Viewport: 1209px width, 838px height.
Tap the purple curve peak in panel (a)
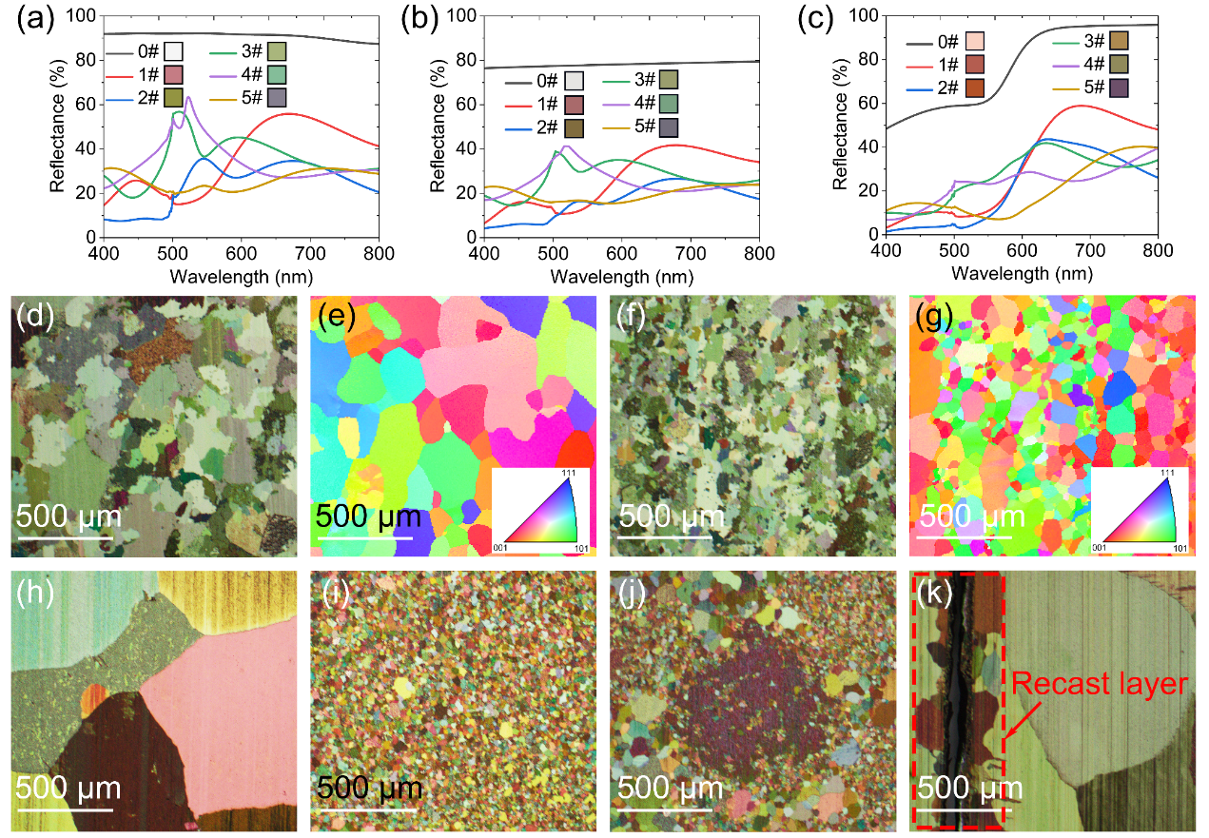pos(188,97)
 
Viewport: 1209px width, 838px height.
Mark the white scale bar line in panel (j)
pos(663,810)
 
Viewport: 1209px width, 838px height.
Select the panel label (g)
pos(932,319)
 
